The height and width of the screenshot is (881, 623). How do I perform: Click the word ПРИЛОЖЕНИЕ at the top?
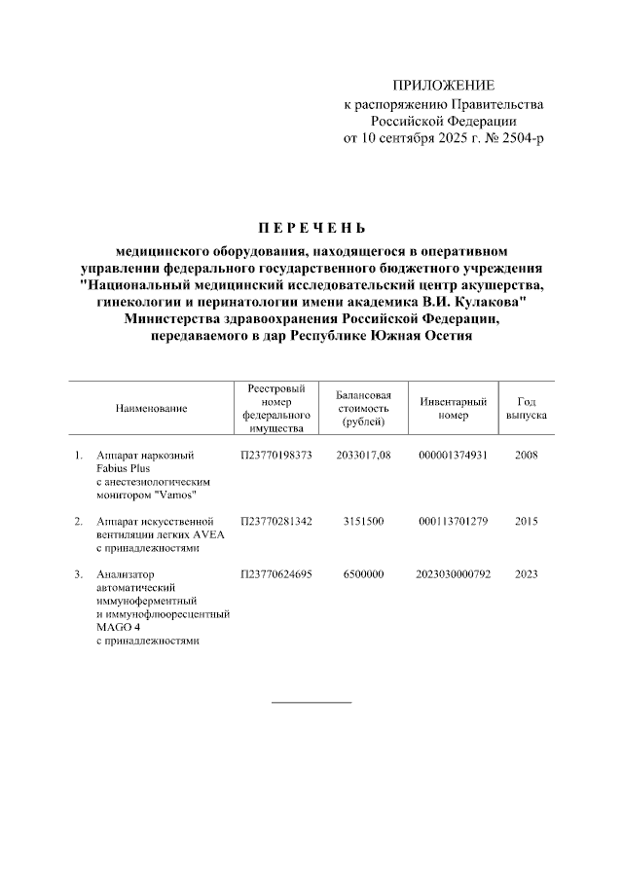[443, 87]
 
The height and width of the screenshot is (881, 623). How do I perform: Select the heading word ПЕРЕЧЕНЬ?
[311, 231]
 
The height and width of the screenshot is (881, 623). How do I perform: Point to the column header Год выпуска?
[526, 409]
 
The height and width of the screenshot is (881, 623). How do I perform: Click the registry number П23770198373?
[276, 455]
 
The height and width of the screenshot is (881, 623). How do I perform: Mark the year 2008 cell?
[526, 455]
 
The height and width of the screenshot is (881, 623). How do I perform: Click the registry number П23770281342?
[276, 522]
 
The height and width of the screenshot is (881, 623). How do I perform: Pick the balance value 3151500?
[362, 522]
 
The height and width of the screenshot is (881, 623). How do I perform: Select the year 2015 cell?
[526, 522]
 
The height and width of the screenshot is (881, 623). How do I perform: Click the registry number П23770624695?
[276, 574]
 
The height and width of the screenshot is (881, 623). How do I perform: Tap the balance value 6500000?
[362, 574]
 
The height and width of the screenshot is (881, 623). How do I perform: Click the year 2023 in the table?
[526, 574]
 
